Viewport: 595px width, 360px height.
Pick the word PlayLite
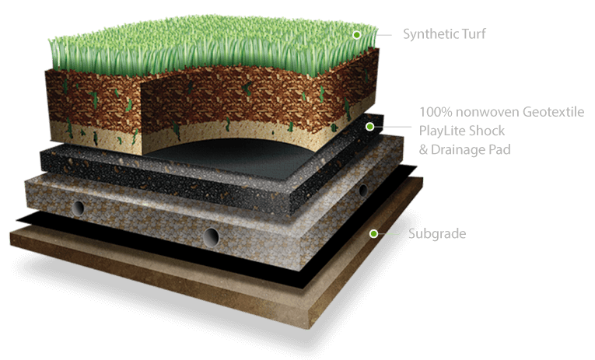click(442, 131)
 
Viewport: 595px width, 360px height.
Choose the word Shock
click(490, 131)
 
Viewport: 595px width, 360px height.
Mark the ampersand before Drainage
click(424, 149)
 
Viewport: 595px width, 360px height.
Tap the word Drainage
click(459, 149)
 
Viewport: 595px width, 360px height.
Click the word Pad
click(500, 149)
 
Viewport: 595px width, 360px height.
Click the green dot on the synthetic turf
click(357, 35)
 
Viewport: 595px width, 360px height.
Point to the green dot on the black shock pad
click(370, 126)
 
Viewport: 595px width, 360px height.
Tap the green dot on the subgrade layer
click(374, 233)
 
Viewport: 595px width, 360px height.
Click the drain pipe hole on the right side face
click(362, 190)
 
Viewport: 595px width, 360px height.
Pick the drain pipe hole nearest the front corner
click(211, 236)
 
